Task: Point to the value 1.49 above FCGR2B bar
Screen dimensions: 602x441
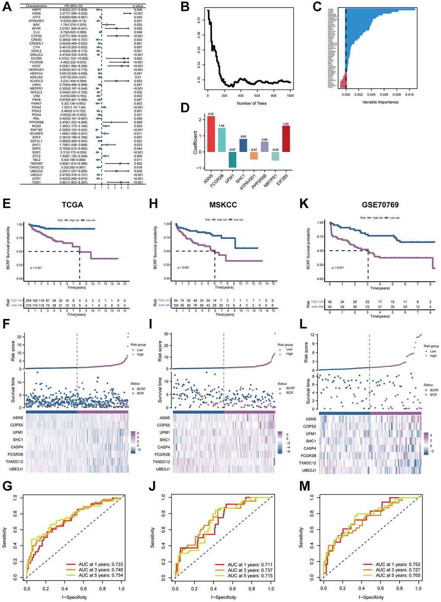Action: (221, 126)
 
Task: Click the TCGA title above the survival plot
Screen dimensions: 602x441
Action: (72, 205)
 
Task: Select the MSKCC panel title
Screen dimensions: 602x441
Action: (223, 205)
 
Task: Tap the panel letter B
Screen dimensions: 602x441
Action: (185, 7)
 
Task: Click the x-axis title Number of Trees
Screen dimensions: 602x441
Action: (252, 103)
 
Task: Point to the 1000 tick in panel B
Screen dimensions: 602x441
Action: (290, 96)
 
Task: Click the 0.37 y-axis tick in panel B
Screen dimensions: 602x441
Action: (198, 20)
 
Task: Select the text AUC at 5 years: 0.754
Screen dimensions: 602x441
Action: (101, 576)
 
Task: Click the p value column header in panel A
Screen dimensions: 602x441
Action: (137, 6)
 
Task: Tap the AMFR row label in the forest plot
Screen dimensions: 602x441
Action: (36, 10)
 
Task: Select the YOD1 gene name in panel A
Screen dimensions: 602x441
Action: (36, 182)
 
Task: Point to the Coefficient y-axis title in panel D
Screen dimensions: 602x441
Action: (195, 142)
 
